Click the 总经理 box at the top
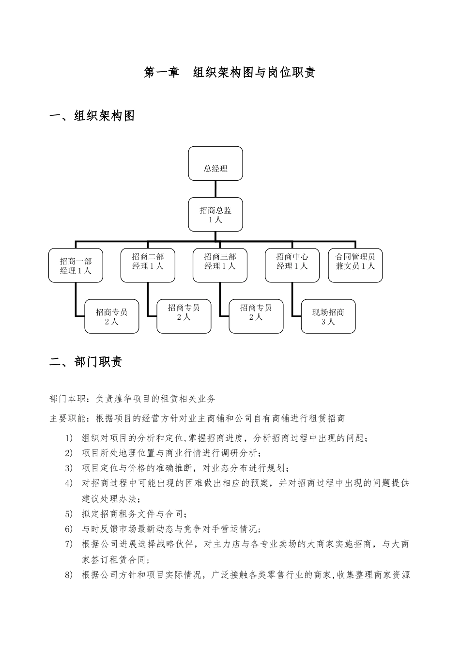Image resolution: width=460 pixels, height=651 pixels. pyautogui.click(x=215, y=164)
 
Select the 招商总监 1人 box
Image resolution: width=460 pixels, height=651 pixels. pyautogui.click(x=215, y=214)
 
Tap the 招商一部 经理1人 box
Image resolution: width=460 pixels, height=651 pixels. pyautogui.click(x=76, y=265)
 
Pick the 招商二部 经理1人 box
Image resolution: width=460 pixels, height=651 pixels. pyautogui.click(x=148, y=265)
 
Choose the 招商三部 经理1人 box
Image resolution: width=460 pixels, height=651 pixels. pyautogui.click(x=220, y=265)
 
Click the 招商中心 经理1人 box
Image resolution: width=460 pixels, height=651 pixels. pyautogui.click(x=292, y=265)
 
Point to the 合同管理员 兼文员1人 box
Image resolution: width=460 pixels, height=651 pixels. pyautogui.click(x=355, y=265)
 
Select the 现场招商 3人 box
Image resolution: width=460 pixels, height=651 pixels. pyautogui.click(x=328, y=316)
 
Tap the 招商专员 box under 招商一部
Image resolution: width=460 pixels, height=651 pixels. pyautogui.click(x=112, y=316)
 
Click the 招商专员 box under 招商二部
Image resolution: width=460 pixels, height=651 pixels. pyautogui.click(x=184, y=316)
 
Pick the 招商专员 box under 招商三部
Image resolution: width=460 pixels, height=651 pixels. pyautogui.click(x=256, y=316)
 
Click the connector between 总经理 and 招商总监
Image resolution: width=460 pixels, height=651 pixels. pyautogui.click(x=215, y=189)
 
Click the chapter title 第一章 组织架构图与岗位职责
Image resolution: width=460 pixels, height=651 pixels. pyautogui.click(x=230, y=73)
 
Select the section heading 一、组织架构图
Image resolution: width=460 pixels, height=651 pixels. pyautogui.click(x=92, y=116)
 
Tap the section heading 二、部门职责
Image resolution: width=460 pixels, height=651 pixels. pyautogui.click(x=86, y=362)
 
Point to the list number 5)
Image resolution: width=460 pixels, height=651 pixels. pyautogui.click(x=69, y=514)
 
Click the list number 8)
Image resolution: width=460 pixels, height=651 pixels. pyautogui.click(x=69, y=575)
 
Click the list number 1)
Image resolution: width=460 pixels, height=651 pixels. pyautogui.click(x=69, y=438)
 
